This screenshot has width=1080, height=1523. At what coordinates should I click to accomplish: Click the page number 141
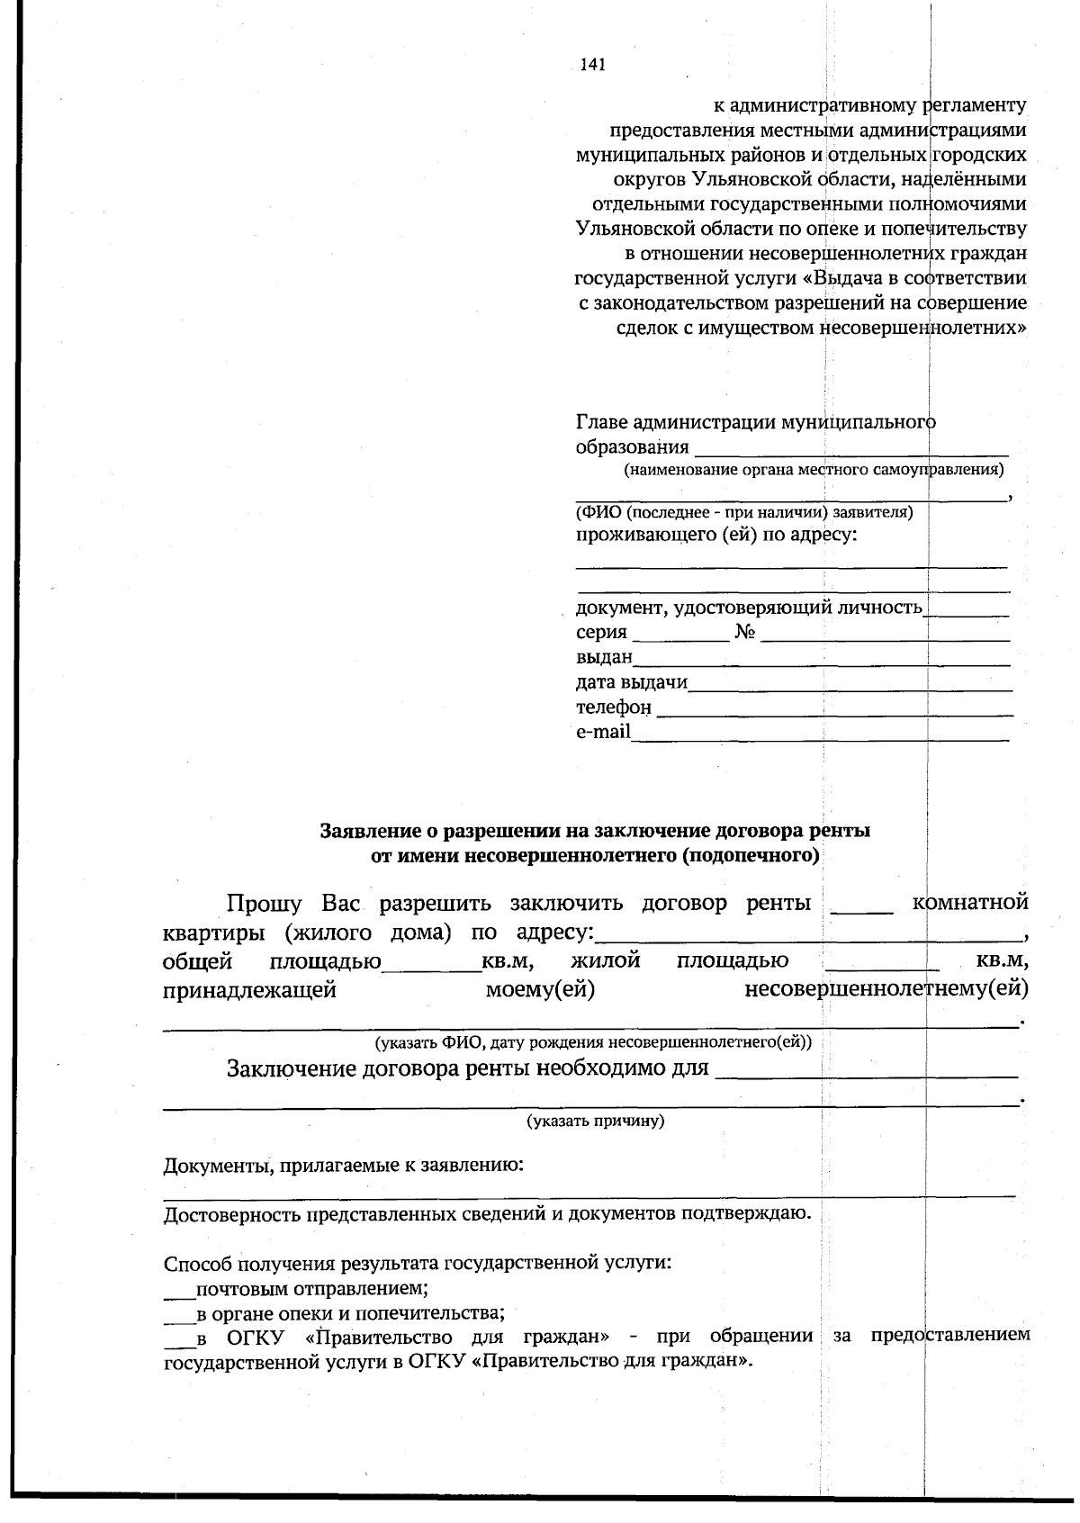point(591,65)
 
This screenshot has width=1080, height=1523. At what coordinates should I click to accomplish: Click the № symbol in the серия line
point(744,632)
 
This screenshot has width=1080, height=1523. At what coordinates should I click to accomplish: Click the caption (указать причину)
point(595,1122)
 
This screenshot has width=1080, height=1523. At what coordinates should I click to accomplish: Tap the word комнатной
point(970,902)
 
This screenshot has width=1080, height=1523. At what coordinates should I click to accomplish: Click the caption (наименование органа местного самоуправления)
point(814,470)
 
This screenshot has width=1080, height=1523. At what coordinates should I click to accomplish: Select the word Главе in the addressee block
point(601,422)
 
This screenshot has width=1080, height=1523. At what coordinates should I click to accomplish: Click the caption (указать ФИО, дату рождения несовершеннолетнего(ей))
point(593,1043)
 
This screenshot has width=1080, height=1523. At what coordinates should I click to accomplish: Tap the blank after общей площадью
point(432,965)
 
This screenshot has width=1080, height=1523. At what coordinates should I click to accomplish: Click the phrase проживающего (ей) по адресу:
point(716,536)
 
